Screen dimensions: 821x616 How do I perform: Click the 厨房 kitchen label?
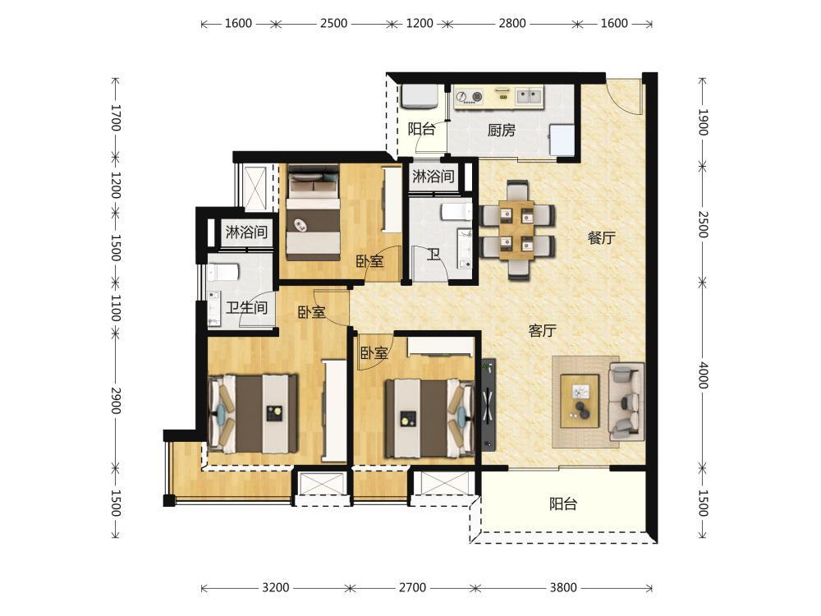pyautogui.click(x=501, y=130)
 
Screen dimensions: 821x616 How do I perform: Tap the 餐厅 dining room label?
pyautogui.click(x=601, y=238)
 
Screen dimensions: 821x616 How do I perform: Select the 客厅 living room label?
pyautogui.click(x=542, y=330)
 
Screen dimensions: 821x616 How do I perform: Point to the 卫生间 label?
pyautogui.click(x=246, y=307)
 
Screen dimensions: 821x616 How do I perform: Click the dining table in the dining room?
pyautogui.click(x=516, y=229)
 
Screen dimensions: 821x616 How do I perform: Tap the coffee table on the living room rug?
pyautogui.click(x=580, y=401)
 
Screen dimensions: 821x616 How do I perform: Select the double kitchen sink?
pyautogui.click(x=528, y=96)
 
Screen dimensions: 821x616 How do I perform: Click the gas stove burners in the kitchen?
pyautogui.click(x=470, y=97)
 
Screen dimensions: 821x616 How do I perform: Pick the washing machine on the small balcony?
pyautogui.click(x=420, y=97)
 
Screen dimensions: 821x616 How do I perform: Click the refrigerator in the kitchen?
pyautogui.click(x=562, y=140)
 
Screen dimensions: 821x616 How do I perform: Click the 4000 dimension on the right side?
pyautogui.click(x=703, y=375)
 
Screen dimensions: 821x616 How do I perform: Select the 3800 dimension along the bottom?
pyautogui.click(x=563, y=588)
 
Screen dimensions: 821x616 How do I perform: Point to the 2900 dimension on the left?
pyautogui.click(x=117, y=401)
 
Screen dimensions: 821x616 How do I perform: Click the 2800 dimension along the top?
pyautogui.click(x=511, y=23)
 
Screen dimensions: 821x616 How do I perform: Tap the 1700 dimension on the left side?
pyautogui.click(x=117, y=117)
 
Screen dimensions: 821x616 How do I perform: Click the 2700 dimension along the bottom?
pyautogui.click(x=412, y=588)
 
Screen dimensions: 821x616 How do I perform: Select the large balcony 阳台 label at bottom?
pyautogui.click(x=563, y=504)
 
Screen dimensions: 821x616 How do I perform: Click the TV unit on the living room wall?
pyautogui.click(x=488, y=405)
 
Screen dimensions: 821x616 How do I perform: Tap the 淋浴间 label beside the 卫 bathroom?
pyautogui.click(x=433, y=176)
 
